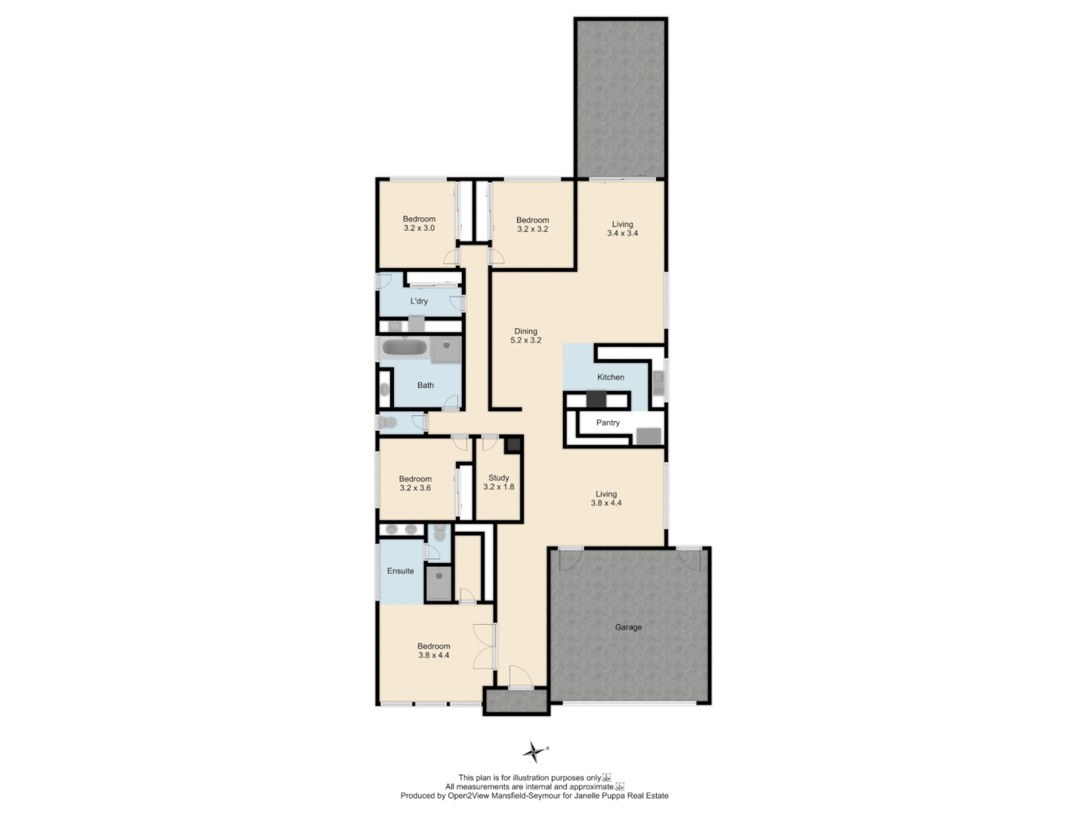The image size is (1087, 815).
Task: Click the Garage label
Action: [x=628, y=627]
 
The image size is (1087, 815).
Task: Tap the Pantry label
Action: [x=608, y=423]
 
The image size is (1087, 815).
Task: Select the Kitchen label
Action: [x=611, y=377]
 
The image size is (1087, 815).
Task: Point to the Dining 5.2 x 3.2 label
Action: [x=526, y=336]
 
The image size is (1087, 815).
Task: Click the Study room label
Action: [x=499, y=482]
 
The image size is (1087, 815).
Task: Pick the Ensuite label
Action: [x=400, y=571]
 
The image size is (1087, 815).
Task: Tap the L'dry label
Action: [x=419, y=301]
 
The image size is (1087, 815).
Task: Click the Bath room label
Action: [x=426, y=386]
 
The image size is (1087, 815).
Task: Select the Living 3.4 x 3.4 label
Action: [x=623, y=229]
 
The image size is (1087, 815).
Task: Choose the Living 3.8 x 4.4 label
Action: [x=606, y=499]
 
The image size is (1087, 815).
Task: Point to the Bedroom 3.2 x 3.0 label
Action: [x=419, y=223]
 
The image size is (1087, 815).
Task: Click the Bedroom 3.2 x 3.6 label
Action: [x=415, y=484]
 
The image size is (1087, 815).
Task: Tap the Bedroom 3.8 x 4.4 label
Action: [x=434, y=650]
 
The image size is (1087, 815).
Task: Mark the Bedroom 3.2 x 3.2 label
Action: [x=532, y=224]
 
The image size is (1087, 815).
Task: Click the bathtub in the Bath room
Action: [x=404, y=348]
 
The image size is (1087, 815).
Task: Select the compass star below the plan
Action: [x=534, y=752]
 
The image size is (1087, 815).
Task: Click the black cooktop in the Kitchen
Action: [x=596, y=399]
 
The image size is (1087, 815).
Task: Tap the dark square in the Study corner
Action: [x=514, y=444]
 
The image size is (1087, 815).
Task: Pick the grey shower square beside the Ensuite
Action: [x=438, y=583]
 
